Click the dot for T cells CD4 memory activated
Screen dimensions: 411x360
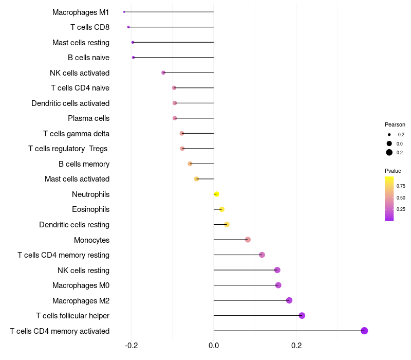(x=364, y=331)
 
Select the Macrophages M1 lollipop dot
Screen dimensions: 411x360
(x=124, y=12)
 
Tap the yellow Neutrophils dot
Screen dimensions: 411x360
(x=216, y=194)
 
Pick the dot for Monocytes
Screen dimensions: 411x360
(x=248, y=240)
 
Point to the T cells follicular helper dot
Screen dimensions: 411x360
(x=302, y=315)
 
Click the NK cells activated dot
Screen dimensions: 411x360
(x=163, y=73)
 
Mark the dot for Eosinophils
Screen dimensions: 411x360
(x=222, y=209)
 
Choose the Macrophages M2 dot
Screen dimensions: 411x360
(x=289, y=300)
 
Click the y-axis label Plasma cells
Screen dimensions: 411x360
(x=88, y=118)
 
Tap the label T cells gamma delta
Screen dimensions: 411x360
(x=76, y=134)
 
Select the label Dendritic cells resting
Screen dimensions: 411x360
(x=74, y=225)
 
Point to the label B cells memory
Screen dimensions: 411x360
(x=84, y=164)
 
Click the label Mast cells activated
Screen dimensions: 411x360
(x=77, y=179)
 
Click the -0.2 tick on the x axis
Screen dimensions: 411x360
(x=132, y=345)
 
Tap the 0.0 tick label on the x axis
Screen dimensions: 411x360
(x=214, y=345)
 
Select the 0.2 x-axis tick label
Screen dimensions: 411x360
(x=296, y=345)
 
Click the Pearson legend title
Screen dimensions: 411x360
(x=395, y=124)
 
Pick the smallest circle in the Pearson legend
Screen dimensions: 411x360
(x=389, y=135)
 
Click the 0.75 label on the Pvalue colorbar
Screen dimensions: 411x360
(x=401, y=186)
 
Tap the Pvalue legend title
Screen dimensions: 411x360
(x=393, y=171)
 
